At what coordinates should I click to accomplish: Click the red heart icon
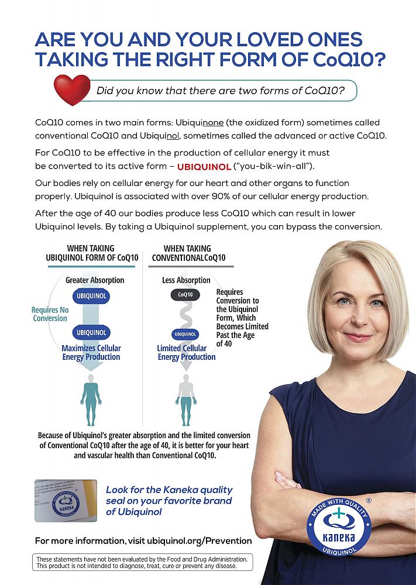tap(72, 90)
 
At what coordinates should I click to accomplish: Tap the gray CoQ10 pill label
tap(185, 295)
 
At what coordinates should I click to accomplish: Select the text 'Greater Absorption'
tap(95, 280)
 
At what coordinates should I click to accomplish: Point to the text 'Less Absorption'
tap(186, 280)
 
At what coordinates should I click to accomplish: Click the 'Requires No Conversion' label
tap(50, 314)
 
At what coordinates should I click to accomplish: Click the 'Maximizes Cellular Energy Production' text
tap(91, 352)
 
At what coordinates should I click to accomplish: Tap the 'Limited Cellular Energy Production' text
tap(186, 352)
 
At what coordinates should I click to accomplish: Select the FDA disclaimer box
tap(143, 562)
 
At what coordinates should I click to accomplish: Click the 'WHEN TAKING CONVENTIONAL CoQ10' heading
tap(188, 253)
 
